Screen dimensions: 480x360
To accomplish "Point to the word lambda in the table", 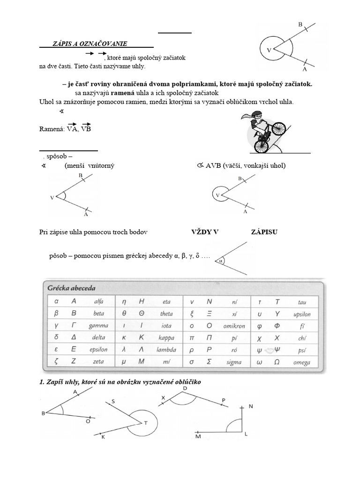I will [x=166, y=350].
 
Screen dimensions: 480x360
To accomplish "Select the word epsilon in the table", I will [x=98, y=350].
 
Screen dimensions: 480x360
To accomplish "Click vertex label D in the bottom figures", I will [x=185, y=389].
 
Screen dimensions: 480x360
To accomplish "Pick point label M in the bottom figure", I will [x=198, y=437].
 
